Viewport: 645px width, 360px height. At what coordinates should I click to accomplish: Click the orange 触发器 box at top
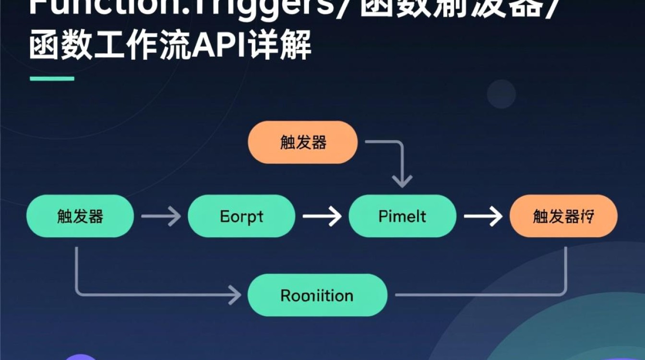303,142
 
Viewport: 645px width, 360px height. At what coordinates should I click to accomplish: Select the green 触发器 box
80,216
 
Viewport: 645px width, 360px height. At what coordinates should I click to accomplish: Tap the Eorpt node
241,216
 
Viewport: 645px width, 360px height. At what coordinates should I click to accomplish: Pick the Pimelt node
402,216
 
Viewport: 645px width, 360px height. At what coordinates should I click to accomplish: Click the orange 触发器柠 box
563,216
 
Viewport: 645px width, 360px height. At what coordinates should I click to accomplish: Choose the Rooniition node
317,295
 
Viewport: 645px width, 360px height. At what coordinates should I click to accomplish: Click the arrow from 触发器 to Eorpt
161,217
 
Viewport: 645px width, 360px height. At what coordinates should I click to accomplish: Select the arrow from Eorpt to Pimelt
322,217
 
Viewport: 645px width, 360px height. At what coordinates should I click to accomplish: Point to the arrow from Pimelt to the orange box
482,217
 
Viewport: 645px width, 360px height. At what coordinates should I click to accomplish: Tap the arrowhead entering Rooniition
235,294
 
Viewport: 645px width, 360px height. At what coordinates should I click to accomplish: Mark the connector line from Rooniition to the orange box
480,294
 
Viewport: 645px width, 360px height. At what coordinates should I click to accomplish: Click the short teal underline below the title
52,79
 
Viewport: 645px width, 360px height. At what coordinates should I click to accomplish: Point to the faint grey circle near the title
501,94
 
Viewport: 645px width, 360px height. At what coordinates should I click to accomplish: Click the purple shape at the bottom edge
81,357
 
